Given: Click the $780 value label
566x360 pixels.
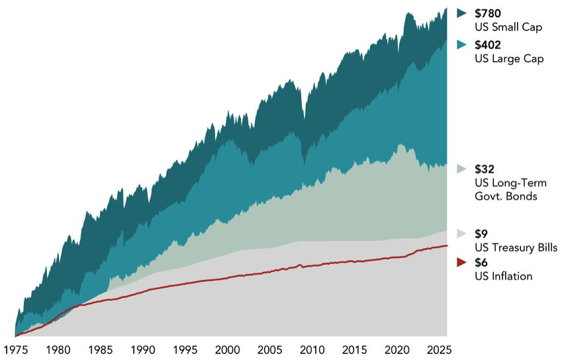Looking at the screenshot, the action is point(488,13).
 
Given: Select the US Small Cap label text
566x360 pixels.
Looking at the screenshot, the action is point(508,27).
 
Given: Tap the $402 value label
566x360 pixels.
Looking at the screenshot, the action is point(488,45).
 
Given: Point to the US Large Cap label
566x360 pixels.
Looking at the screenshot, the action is point(509,59).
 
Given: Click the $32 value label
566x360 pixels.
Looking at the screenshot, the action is point(485,169).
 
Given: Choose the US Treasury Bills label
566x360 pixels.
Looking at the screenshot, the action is point(516,247).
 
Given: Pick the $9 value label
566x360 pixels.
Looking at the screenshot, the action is point(481,234).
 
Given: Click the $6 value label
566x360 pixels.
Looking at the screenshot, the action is point(481,263).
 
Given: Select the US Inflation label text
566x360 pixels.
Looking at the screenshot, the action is point(504,277).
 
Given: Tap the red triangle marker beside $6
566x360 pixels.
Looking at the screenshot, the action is point(461,262).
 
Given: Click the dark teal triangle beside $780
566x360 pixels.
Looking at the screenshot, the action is point(461,13).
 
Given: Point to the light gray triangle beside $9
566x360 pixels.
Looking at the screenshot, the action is point(461,234).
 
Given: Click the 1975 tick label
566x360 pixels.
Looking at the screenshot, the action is point(16,350).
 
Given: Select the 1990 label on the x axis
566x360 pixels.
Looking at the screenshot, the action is point(143,350).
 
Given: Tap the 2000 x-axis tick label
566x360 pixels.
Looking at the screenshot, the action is point(228,350).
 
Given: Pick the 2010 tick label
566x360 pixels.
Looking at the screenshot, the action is point(312,350).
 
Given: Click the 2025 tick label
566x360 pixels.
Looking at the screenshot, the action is point(440,350).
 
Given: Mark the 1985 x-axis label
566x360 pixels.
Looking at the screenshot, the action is point(101,350).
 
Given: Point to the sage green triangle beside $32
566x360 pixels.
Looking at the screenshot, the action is point(461,169).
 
